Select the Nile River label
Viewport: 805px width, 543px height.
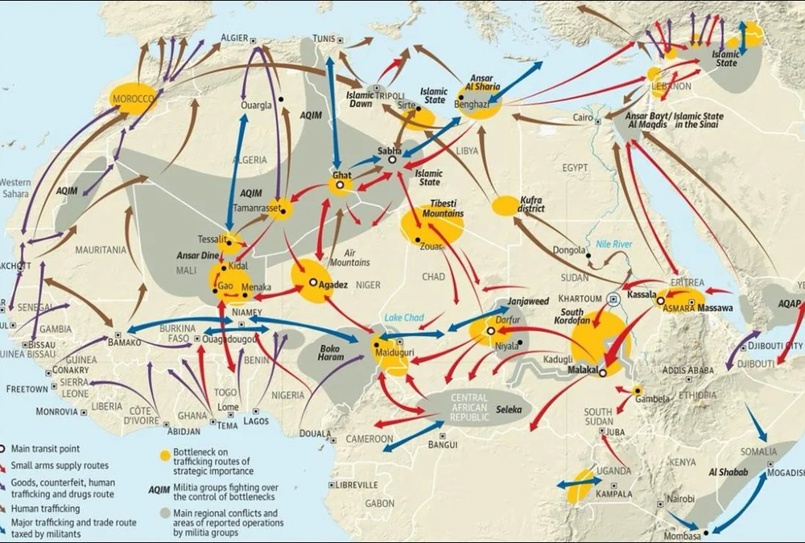613,244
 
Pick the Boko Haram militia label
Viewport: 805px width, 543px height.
332,353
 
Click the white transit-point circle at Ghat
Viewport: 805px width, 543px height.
341,185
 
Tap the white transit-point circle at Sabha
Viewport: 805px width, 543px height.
392,160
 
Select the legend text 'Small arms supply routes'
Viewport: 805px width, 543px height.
60,466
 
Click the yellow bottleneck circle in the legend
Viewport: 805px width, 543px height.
165,455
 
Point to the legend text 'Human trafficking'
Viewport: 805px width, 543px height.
46,508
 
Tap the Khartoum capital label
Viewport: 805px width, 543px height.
581,297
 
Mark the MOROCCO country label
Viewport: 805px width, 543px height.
133,99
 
